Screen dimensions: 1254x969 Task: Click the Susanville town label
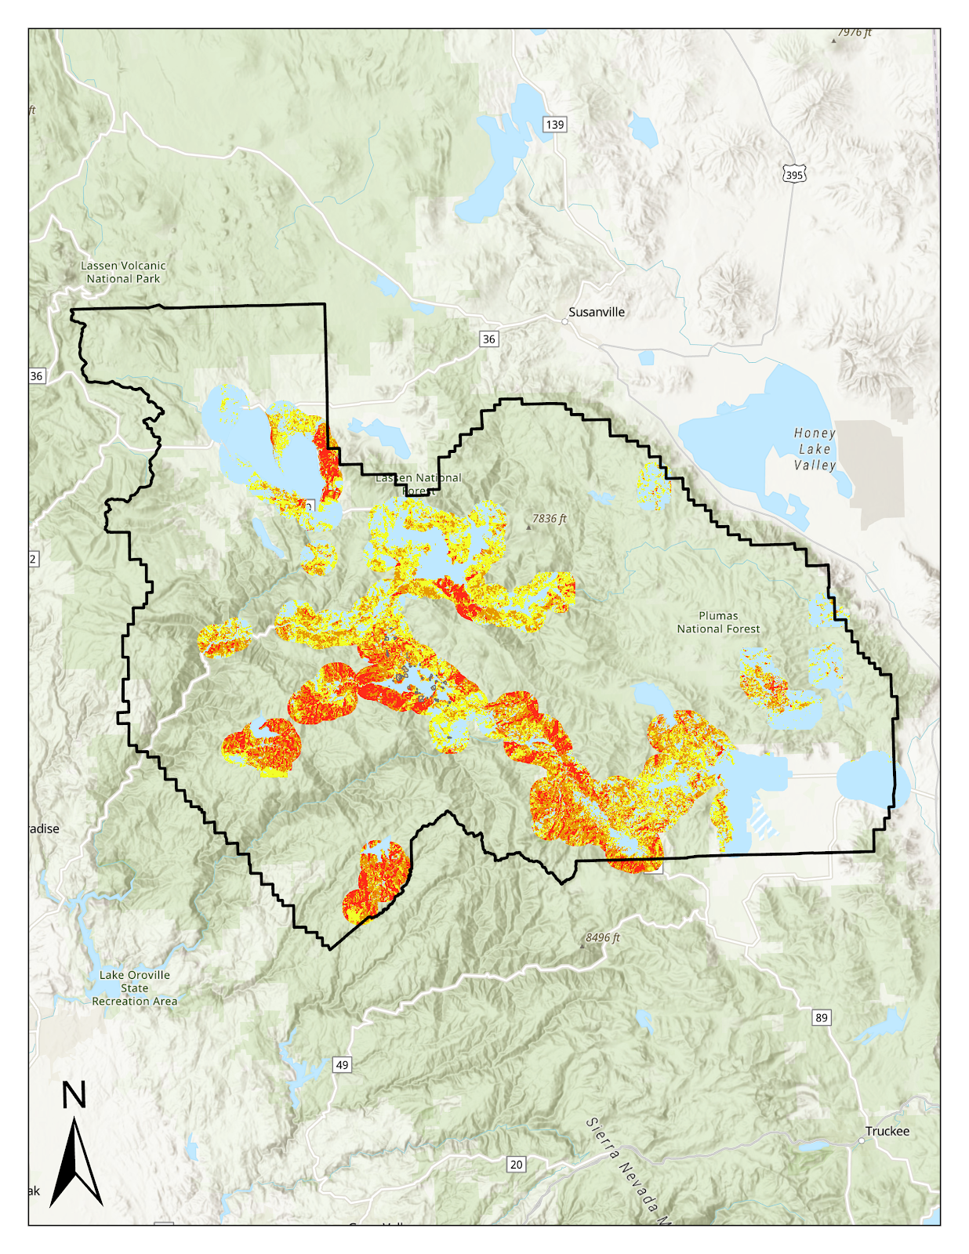[597, 312]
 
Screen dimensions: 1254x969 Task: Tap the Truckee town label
[887, 1131]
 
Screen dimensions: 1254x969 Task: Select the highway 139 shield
[554, 125]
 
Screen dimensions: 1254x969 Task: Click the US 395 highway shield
[794, 175]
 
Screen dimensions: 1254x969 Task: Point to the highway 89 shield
[821, 1017]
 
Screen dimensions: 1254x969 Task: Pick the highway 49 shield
[342, 1064]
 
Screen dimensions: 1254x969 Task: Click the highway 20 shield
[516, 1164]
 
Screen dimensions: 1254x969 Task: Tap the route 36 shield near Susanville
[489, 339]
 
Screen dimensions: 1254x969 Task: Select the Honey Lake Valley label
[815, 449]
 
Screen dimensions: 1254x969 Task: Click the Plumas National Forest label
[718, 622]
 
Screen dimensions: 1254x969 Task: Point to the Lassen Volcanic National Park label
[123, 272]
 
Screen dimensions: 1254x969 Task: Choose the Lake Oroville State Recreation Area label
[135, 988]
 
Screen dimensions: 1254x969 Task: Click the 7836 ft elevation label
[549, 519]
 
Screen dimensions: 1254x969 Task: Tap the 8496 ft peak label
[602, 937]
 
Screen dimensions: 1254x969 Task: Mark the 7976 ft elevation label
[854, 33]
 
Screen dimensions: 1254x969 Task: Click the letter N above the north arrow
[74, 1095]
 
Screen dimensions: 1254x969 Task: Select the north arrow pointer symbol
[75, 1164]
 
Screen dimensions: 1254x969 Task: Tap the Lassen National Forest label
[418, 484]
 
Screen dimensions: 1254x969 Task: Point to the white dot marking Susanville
[564, 321]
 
